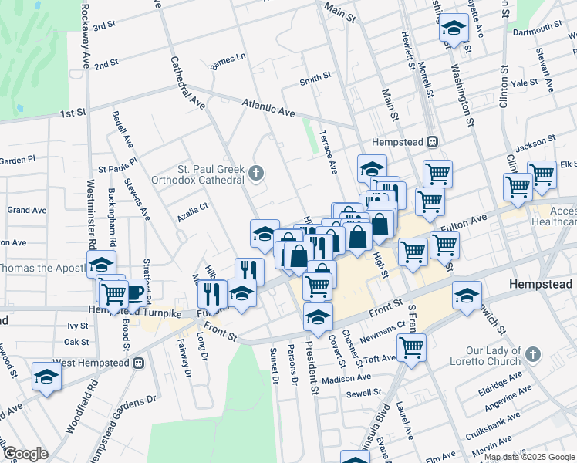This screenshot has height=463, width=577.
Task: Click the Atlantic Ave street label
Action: point(268,107)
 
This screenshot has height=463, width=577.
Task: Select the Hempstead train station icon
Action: point(433,142)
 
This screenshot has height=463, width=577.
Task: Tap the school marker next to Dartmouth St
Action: point(454,30)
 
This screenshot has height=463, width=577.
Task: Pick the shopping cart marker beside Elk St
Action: point(542,174)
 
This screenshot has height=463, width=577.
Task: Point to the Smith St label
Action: point(315,78)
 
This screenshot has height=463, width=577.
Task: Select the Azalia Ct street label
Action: point(192,212)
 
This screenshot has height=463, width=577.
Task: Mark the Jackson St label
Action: point(535,143)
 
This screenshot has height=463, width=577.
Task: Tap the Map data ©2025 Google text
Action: point(528,457)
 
